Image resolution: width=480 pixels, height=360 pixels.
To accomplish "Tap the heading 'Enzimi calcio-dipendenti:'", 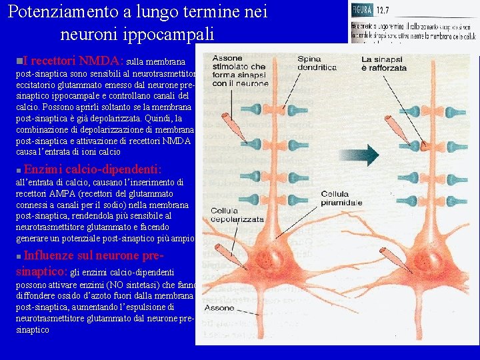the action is click(x=93, y=169).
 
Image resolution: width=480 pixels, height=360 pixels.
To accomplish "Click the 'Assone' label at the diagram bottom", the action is click(x=219, y=308).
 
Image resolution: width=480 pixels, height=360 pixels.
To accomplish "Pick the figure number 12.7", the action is click(x=383, y=10).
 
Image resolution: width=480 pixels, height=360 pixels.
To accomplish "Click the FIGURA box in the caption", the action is click(x=363, y=10).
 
